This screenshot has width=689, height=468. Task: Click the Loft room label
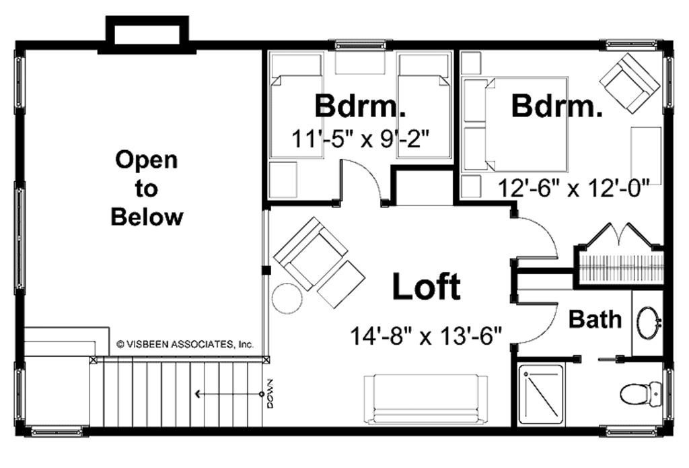pos(427,288)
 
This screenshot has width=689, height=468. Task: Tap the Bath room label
pos(595,319)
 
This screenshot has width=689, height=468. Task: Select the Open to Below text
pos(147,189)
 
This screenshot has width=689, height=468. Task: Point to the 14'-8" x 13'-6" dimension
pos(427,335)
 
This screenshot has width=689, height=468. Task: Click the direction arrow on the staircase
pos(229,394)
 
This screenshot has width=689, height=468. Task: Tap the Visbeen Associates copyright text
pos(185,343)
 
